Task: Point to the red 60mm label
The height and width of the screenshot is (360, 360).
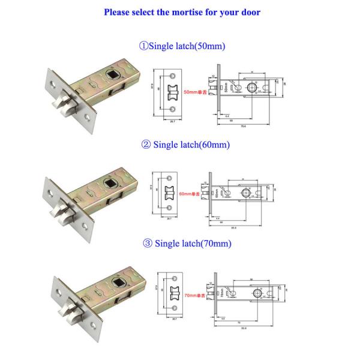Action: (194, 194)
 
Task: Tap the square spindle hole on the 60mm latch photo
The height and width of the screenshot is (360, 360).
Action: (112, 183)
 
